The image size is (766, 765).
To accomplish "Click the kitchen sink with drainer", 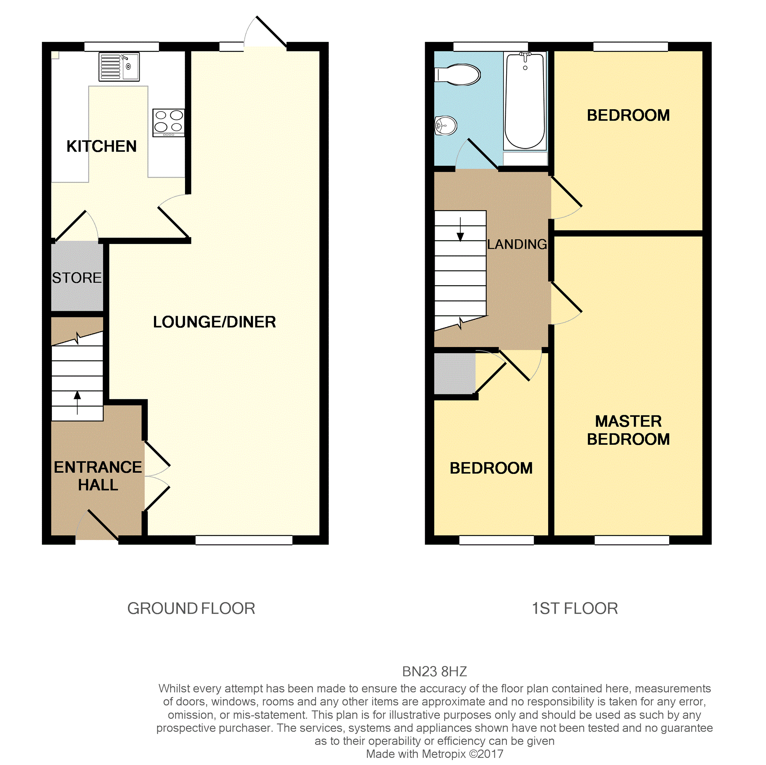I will (119, 67).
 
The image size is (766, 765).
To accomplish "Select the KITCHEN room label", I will (101, 146).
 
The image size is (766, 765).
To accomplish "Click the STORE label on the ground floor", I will (77, 278).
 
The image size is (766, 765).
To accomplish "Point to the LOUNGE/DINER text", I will (214, 322).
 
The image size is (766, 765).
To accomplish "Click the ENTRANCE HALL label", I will (98, 476).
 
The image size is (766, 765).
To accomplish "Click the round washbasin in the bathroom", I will (446, 126).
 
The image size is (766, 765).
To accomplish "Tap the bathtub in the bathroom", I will (525, 101).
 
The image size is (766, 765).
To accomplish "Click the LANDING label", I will (517, 244).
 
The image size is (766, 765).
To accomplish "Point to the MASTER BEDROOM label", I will (628, 430).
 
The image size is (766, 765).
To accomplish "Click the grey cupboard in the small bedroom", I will (454, 374).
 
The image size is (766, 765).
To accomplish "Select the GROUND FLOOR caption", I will (191, 608).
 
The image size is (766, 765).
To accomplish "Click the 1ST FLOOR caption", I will (574, 608).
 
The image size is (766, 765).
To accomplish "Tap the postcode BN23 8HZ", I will (434, 672).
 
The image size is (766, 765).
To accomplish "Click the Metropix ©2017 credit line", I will (434, 754).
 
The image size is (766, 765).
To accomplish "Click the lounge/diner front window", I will (244, 540).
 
